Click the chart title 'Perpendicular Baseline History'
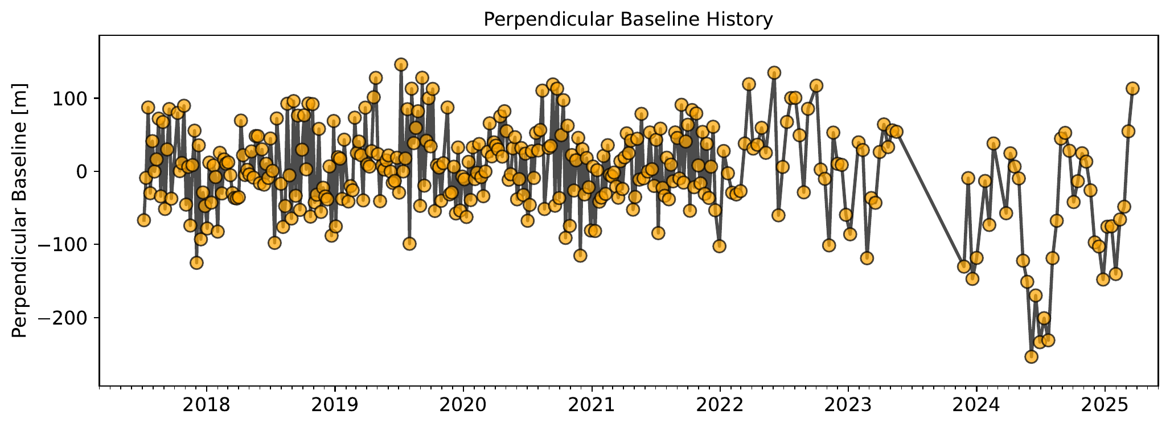628,20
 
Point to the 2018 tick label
206,405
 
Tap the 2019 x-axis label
335,405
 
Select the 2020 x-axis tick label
463,405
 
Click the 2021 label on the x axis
592,405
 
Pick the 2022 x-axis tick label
720,405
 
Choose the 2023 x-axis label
848,405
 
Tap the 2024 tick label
976,405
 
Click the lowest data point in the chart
1031,356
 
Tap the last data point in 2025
1132,88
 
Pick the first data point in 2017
143,220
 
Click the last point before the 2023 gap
897,132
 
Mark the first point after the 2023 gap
963,266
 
